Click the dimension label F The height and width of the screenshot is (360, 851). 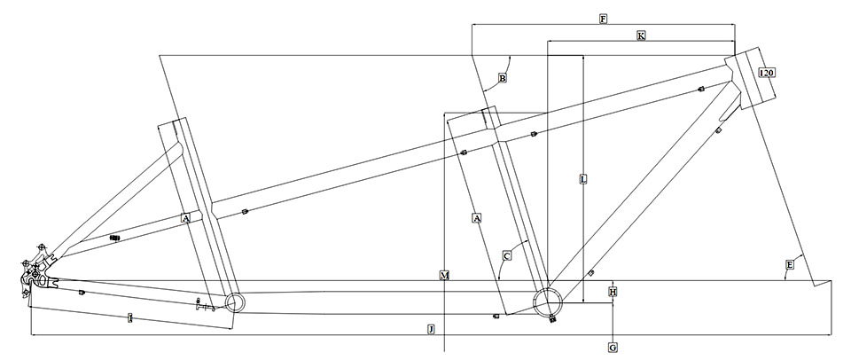click(x=603, y=19)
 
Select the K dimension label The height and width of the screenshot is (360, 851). click(x=641, y=35)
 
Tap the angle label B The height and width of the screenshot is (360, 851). click(x=502, y=79)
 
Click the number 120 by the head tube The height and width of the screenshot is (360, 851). click(x=768, y=73)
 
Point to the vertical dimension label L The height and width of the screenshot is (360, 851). click(x=582, y=179)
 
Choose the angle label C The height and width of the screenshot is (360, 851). click(x=506, y=256)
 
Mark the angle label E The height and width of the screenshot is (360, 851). click(x=788, y=264)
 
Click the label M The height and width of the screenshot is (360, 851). click(x=444, y=277)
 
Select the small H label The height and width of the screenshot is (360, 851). click(x=613, y=291)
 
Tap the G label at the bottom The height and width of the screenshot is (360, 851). click(x=613, y=348)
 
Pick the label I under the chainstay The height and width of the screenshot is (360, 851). click(x=130, y=317)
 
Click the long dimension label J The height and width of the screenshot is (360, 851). click(x=431, y=330)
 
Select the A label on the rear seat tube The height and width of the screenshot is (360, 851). click(x=185, y=217)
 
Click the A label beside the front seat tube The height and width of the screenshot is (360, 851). click(x=477, y=217)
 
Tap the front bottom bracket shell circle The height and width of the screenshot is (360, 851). click(x=547, y=301)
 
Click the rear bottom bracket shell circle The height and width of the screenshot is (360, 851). click(x=234, y=303)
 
